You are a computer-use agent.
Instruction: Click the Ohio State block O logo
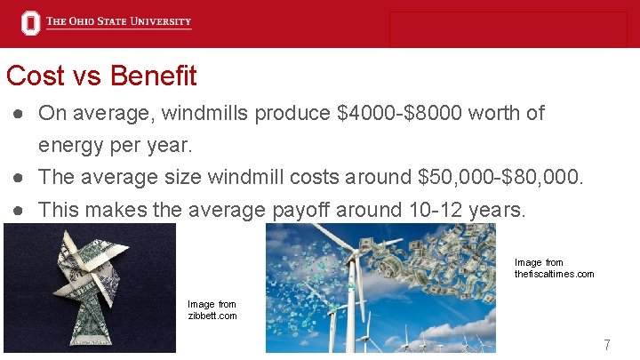(31, 23)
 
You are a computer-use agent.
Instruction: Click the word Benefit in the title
(154, 76)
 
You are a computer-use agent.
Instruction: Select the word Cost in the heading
(35, 76)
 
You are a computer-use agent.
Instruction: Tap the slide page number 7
(606, 344)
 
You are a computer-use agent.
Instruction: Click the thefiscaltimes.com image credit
(554, 268)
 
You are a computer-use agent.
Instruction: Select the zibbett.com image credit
(212, 310)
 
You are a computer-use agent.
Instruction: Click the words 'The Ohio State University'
(118, 22)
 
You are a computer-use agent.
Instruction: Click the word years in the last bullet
(497, 210)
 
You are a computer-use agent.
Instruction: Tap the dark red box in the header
(508, 29)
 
